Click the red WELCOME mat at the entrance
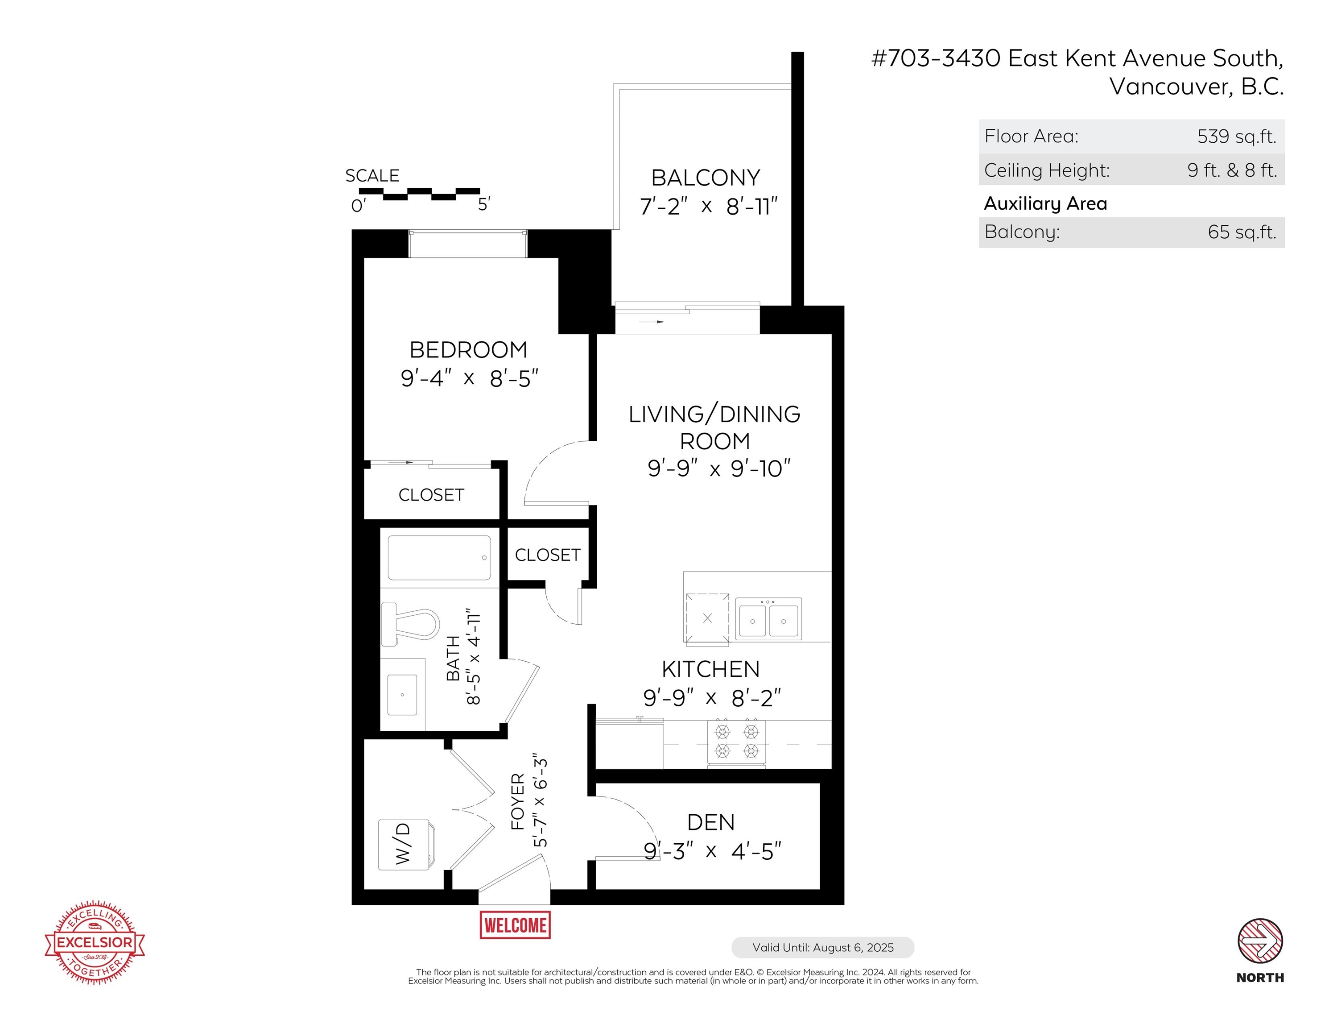click(515, 925)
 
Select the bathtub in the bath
click(439, 558)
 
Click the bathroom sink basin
click(402, 694)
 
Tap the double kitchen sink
click(768, 618)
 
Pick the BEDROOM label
click(469, 350)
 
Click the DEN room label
click(711, 822)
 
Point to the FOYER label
click(518, 802)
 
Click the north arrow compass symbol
click(1260, 941)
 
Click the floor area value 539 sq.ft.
click(1237, 137)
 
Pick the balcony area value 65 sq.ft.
click(1242, 232)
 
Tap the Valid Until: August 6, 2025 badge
click(823, 948)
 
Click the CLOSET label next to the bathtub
click(548, 555)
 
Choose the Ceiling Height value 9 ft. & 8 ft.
click(1232, 170)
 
